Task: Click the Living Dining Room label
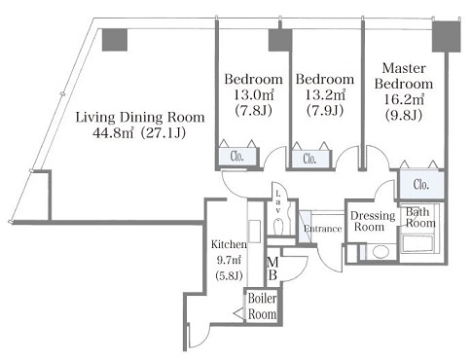(x=140, y=118)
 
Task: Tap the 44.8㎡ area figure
(x=113, y=133)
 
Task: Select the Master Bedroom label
(x=404, y=76)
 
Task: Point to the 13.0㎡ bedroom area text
(x=254, y=95)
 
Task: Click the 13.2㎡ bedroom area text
(x=325, y=95)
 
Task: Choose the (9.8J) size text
(x=404, y=115)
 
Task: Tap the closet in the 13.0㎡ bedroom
(x=237, y=157)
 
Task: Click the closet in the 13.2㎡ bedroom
(x=310, y=159)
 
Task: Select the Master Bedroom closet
(x=421, y=184)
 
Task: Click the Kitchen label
(x=229, y=244)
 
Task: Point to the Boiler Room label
(x=262, y=306)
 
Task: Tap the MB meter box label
(x=272, y=269)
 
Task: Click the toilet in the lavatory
(x=278, y=228)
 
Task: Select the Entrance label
(x=323, y=229)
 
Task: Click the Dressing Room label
(x=373, y=221)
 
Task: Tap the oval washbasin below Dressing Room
(x=381, y=252)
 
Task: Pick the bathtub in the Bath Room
(x=418, y=244)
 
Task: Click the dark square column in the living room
(x=115, y=40)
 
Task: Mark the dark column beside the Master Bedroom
(x=447, y=36)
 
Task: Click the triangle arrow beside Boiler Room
(x=239, y=313)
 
